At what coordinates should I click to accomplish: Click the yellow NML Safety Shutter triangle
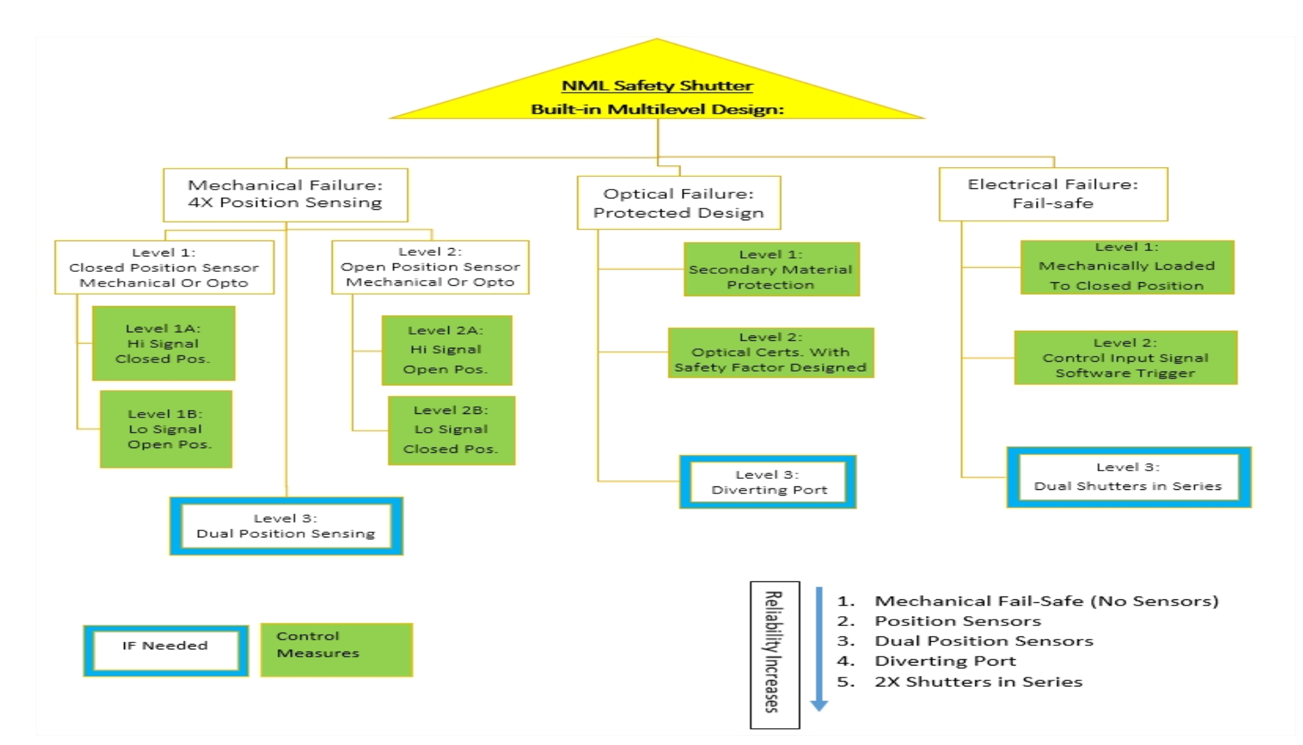(657, 87)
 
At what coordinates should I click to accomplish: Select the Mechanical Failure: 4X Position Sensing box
(285, 194)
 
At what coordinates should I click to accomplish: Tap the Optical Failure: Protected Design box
(678, 203)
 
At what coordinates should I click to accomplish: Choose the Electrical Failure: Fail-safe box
(1053, 194)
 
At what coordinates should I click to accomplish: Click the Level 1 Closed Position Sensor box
(164, 268)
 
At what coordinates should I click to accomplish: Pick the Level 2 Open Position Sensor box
(430, 267)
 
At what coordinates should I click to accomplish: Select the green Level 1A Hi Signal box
(164, 344)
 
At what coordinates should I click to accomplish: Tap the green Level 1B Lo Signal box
(166, 429)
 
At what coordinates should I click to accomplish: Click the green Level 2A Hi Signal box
(447, 351)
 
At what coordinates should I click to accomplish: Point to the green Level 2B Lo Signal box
(452, 431)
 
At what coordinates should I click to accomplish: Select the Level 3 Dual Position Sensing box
(286, 526)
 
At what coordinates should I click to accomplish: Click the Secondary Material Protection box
(771, 270)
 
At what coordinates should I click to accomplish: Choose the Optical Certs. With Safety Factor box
(770, 353)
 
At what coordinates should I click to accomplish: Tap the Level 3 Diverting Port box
(768, 482)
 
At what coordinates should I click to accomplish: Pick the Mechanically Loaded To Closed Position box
(1127, 268)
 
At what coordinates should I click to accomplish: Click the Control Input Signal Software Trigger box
(1126, 358)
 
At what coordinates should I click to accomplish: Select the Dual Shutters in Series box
(1129, 477)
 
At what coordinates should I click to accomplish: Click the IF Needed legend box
(166, 651)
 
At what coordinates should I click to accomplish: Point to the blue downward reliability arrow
(819, 649)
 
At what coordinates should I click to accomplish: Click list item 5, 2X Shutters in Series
(960, 682)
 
